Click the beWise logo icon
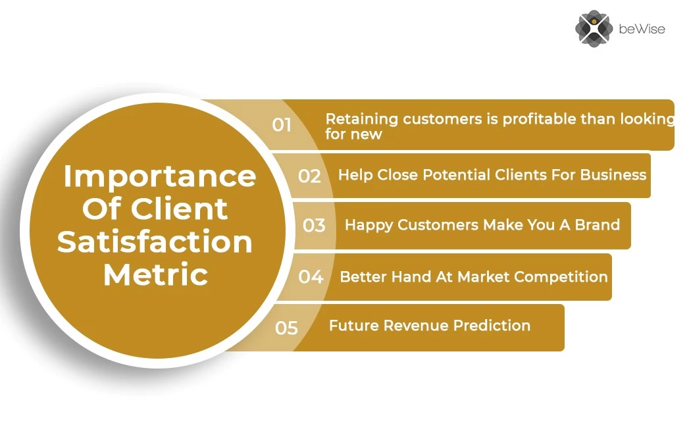coord(594,28)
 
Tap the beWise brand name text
coord(642,29)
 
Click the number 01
coord(282,125)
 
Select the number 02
coord(309,176)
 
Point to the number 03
coord(314,226)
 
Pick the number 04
coord(311,277)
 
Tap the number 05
coord(286,328)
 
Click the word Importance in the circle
coord(160,176)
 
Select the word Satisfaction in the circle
coord(155,242)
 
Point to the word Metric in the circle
coord(155,274)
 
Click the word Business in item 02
coord(613,175)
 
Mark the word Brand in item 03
coord(597,225)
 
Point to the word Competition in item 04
coord(561,277)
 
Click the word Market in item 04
coord(484,277)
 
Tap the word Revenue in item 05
coord(416,326)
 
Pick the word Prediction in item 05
coord(492,326)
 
